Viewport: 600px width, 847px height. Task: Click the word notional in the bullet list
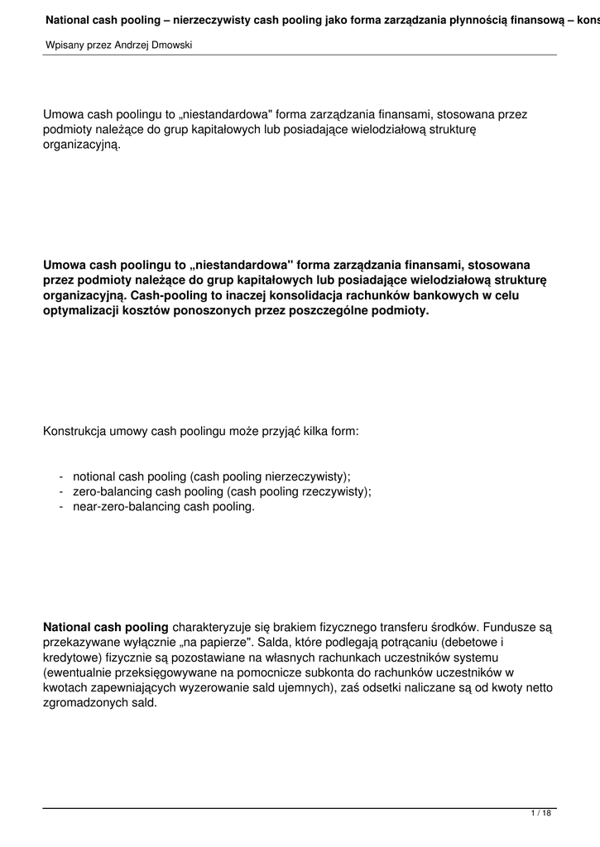[x=94, y=476]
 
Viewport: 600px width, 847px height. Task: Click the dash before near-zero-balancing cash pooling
[x=62, y=506]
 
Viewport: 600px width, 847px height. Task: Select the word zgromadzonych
[x=84, y=702]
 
